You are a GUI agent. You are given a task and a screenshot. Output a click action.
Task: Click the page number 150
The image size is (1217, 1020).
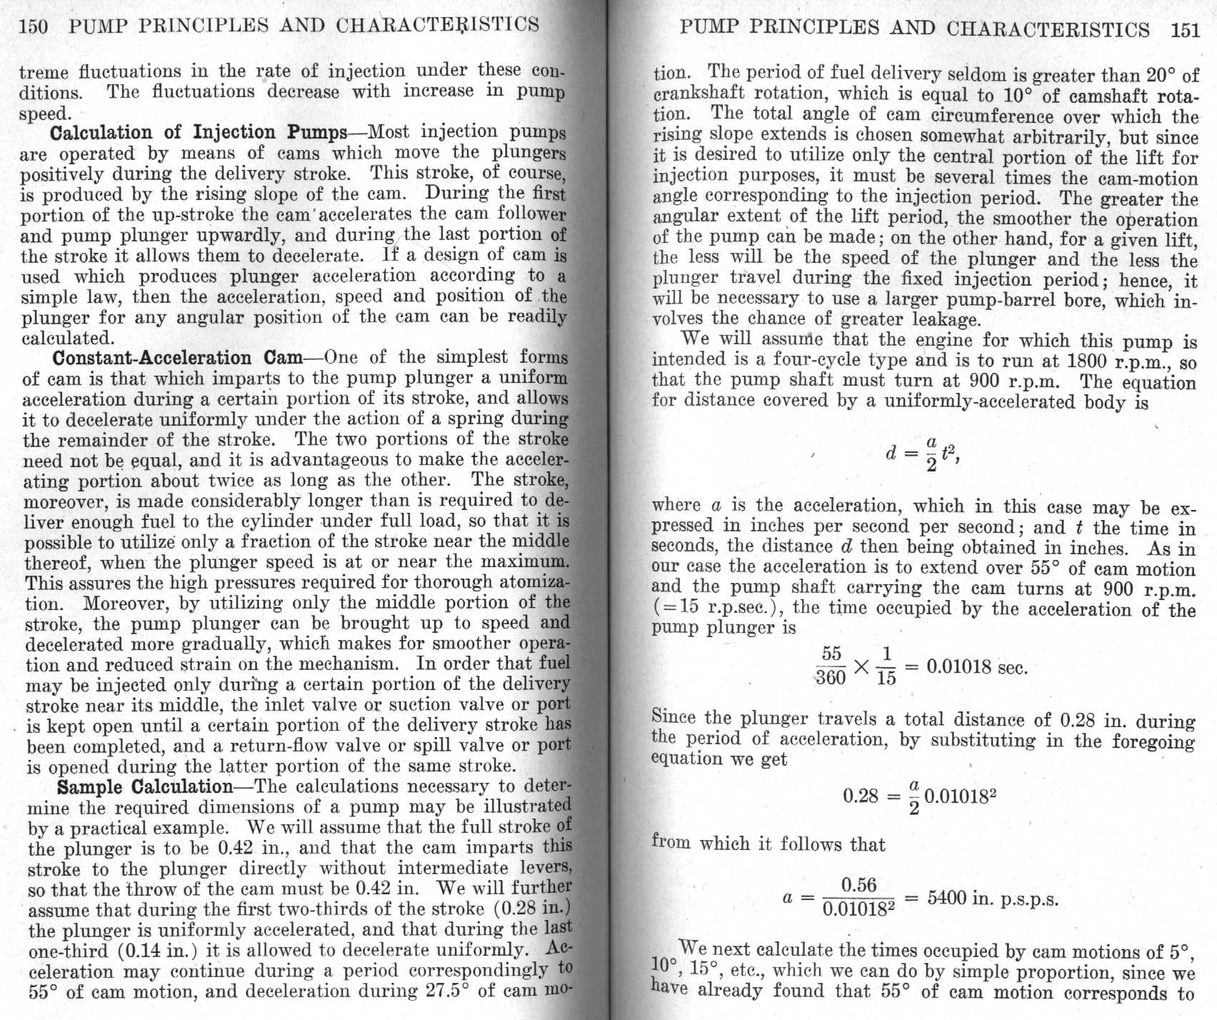click(x=34, y=26)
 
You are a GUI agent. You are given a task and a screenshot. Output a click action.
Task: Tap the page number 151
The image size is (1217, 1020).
click(x=1185, y=30)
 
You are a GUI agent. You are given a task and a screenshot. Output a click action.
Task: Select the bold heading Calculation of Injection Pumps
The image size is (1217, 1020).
click(x=199, y=133)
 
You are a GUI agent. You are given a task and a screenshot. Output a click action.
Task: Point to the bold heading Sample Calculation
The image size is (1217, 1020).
click(x=145, y=787)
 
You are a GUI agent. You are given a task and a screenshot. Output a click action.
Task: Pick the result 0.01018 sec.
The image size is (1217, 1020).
click(x=976, y=668)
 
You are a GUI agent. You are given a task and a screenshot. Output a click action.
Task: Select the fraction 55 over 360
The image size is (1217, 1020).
click(x=831, y=666)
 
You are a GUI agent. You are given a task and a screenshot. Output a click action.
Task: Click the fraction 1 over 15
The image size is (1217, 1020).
click(x=886, y=666)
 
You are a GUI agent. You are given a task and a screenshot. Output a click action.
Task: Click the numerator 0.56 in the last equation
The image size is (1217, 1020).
click(x=858, y=886)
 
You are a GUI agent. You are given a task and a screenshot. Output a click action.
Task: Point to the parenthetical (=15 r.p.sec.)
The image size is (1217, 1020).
click(x=719, y=609)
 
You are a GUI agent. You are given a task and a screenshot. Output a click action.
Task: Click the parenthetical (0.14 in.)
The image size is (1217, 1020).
click(x=152, y=951)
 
